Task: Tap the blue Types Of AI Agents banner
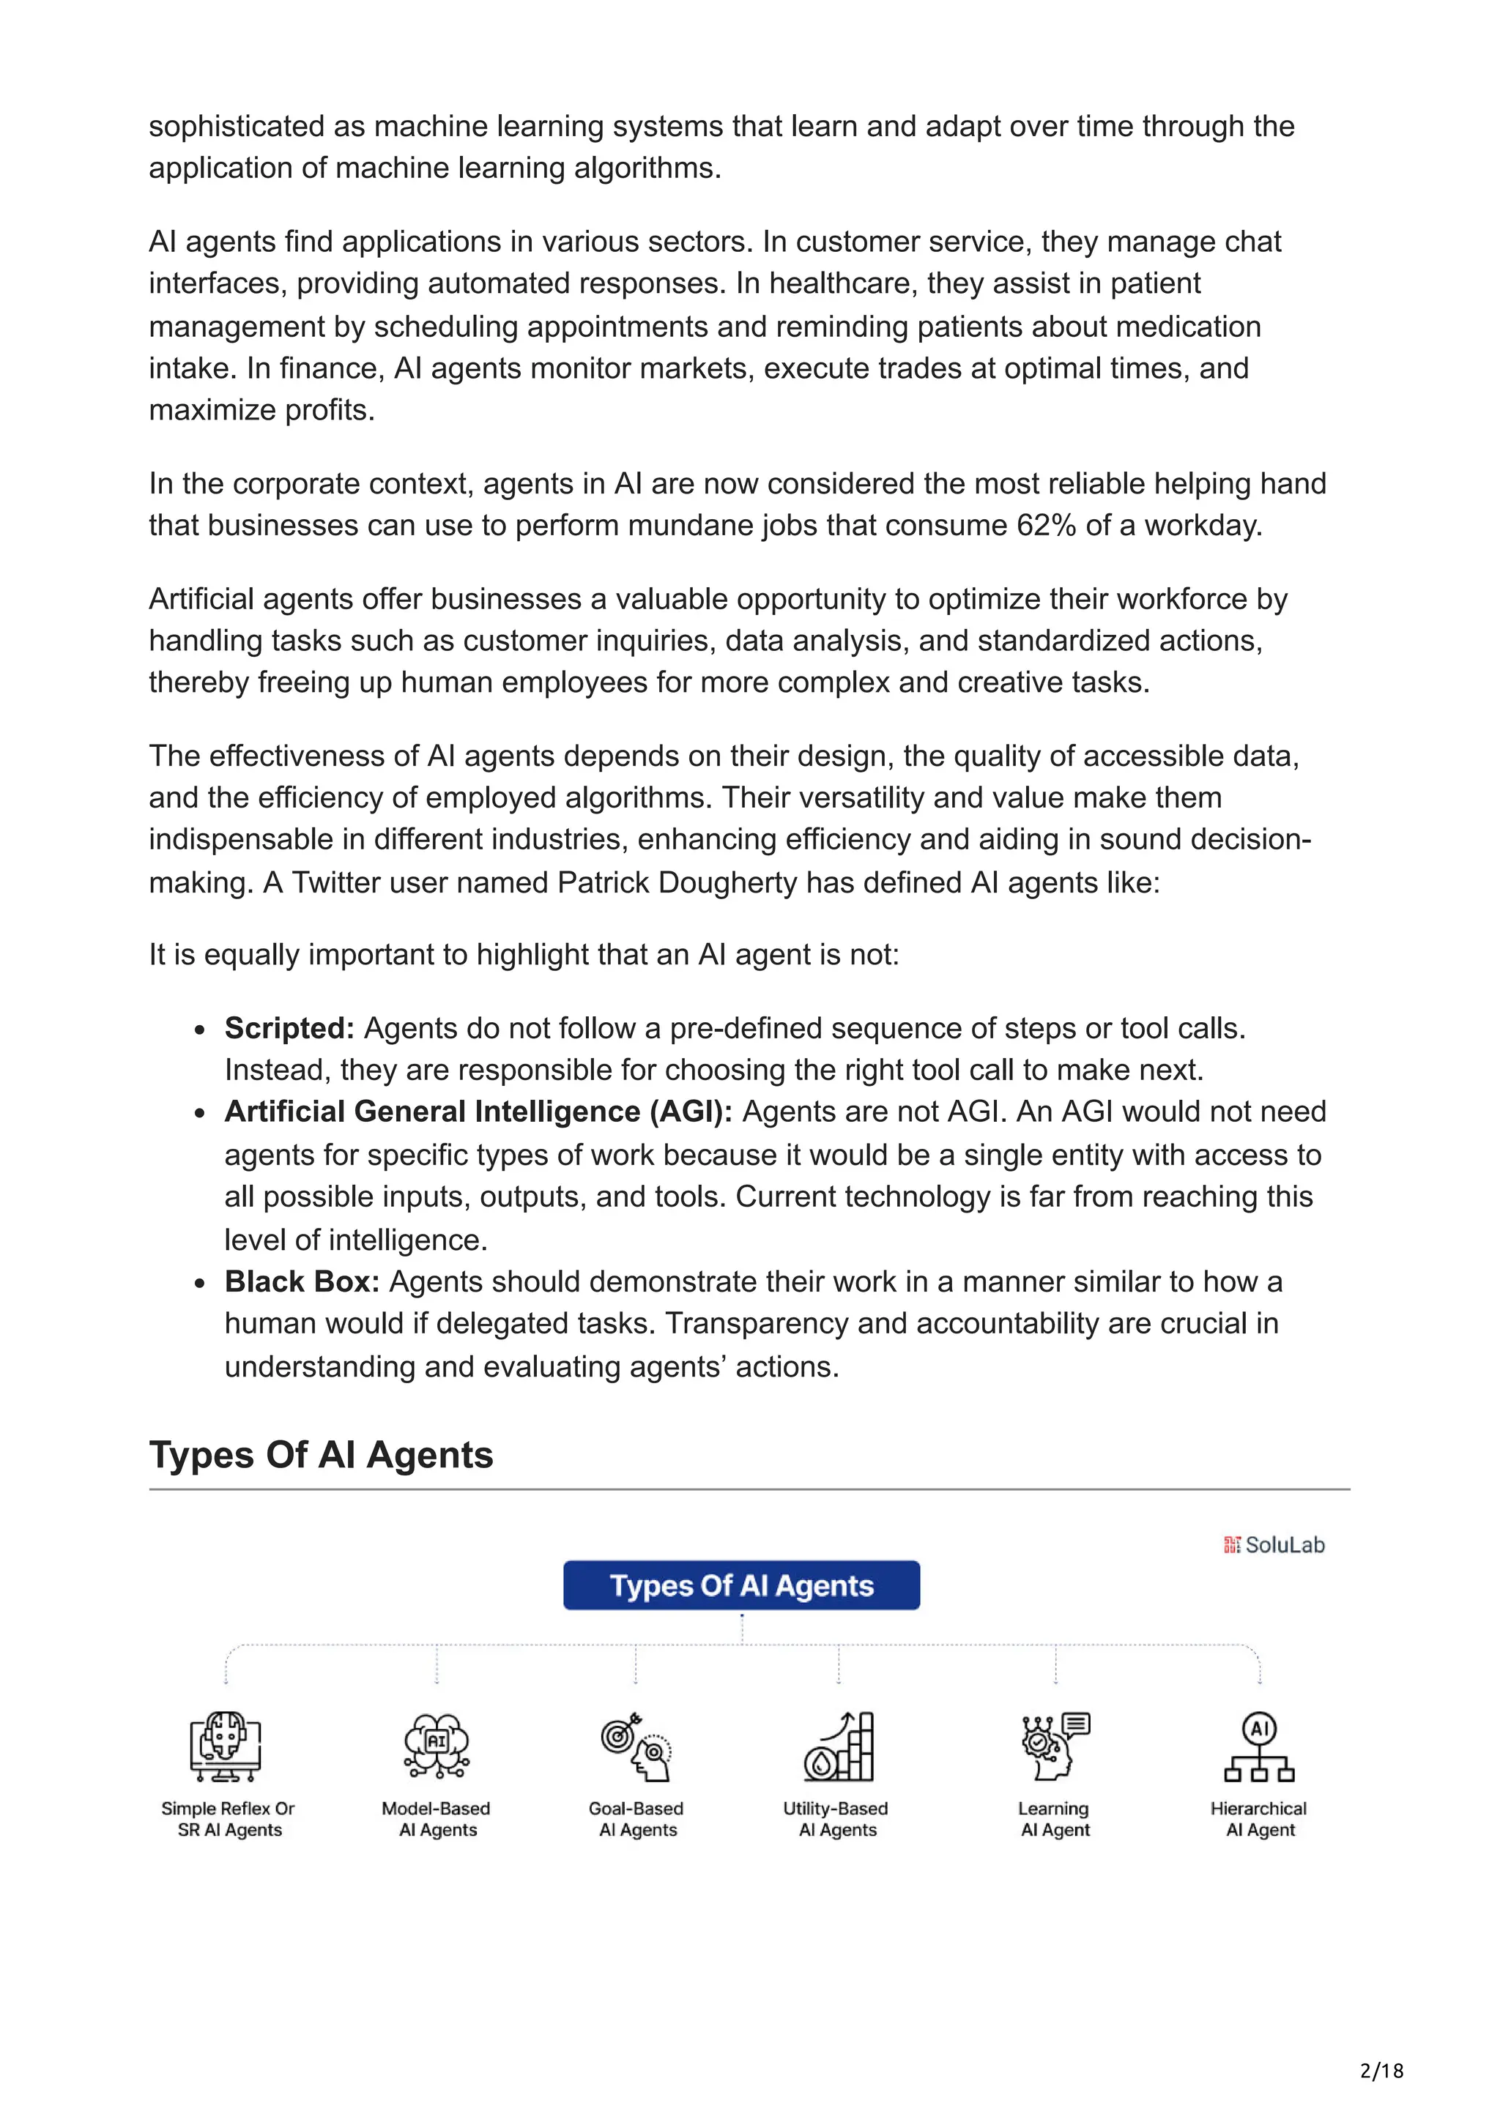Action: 741,1585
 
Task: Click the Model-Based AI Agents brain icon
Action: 437,1745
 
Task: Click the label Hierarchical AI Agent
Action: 1259,1819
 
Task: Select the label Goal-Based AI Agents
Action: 636,1819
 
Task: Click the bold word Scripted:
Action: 289,1028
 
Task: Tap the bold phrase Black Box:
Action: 302,1282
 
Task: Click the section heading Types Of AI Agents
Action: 321,1455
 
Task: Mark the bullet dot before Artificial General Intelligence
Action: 200,1114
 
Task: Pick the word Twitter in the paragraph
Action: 338,882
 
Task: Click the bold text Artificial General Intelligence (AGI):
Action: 478,1112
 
